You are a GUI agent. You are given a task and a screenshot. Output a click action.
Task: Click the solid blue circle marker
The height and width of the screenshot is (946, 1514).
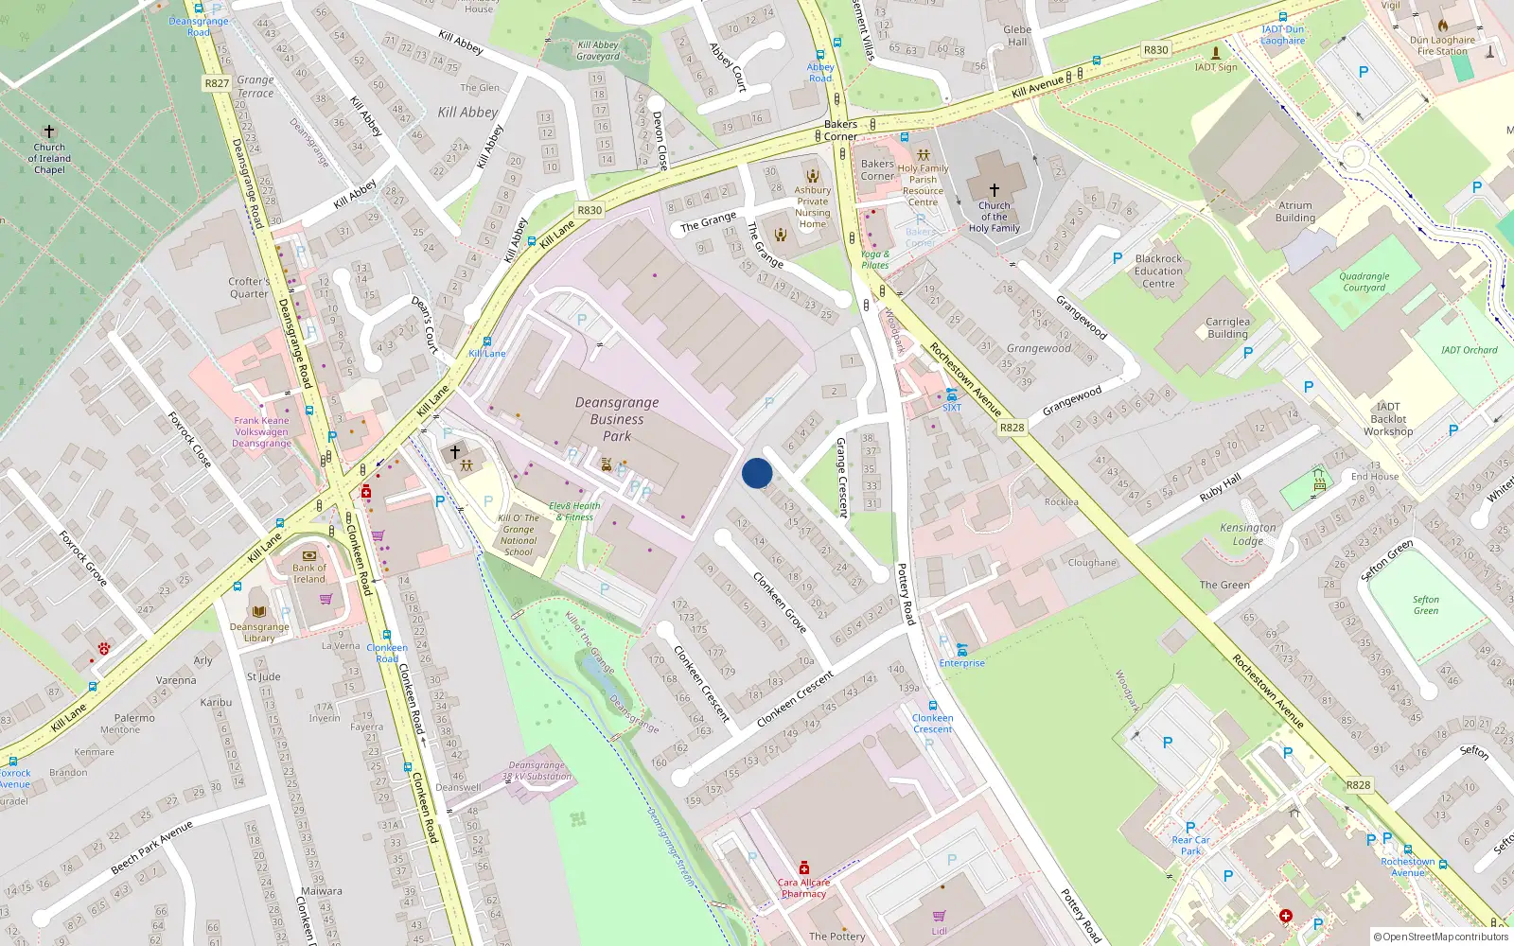click(757, 473)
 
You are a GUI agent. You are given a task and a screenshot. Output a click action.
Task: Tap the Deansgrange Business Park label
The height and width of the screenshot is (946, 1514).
click(617, 419)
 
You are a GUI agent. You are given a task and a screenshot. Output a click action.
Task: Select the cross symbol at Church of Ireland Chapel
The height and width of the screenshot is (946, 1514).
click(49, 131)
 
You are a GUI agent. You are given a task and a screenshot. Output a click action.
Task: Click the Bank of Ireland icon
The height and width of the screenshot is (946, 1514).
click(308, 555)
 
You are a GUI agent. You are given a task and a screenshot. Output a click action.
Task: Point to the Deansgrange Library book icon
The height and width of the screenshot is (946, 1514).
click(259, 611)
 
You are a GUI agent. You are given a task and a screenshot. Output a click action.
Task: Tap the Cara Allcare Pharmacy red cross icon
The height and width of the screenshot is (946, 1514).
click(803, 867)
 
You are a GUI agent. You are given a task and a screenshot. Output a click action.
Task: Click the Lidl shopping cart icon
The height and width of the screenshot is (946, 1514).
click(939, 916)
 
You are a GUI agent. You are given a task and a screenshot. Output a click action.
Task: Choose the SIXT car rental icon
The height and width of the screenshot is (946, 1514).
click(951, 394)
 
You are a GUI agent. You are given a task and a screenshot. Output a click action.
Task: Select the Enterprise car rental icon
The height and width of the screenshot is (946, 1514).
click(961, 649)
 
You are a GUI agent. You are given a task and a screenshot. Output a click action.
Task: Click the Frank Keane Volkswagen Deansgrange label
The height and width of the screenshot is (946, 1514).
click(261, 432)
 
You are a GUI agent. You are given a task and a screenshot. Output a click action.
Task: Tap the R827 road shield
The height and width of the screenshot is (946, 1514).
click(217, 83)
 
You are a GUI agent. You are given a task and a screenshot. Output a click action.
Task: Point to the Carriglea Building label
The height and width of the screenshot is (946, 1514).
click(1227, 327)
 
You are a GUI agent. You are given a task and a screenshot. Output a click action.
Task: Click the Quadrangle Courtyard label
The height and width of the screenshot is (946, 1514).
click(1364, 282)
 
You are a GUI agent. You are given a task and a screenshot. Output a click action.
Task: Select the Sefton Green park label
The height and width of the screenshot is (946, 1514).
click(1425, 604)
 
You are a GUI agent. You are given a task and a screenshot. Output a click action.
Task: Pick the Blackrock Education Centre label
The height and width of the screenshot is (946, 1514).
click(1158, 271)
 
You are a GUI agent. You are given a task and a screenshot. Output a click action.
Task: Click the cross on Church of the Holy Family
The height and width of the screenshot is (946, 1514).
click(994, 190)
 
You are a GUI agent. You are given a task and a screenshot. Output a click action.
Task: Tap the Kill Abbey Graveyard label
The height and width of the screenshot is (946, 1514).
click(598, 50)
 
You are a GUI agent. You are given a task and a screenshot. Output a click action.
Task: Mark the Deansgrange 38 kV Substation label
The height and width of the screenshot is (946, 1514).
click(537, 771)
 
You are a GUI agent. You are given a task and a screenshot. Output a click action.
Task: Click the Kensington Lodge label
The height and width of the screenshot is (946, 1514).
click(1247, 534)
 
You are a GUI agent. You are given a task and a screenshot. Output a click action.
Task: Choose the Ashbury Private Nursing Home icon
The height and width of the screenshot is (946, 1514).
click(812, 175)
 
